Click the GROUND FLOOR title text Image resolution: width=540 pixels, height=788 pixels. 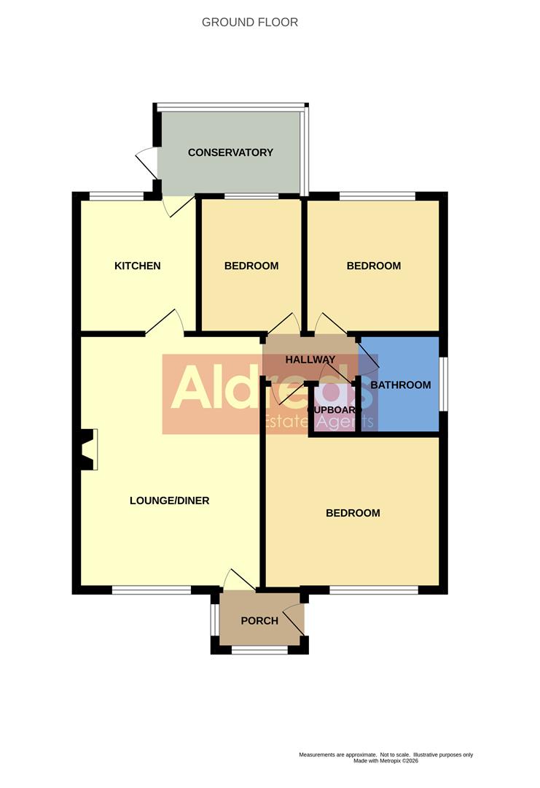pyautogui.click(x=250, y=23)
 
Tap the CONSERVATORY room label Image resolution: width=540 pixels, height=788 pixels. pyautogui.click(x=230, y=152)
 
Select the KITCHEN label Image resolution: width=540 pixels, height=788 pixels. pyautogui.click(x=137, y=266)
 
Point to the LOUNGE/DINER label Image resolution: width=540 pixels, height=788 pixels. pyautogui.click(x=169, y=501)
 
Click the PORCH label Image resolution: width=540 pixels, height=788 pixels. pyautogui.click(x=259, y=621)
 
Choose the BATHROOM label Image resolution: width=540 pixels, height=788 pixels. pyautogui.click(x=401, y=385)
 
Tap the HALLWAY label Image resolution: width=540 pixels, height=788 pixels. pyautogui.click(x=310, y=360)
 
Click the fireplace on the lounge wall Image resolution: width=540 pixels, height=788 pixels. pyautogui.click(x=88, y=449)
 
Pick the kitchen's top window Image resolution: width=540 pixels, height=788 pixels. pyautogui.click(x=117, y=196)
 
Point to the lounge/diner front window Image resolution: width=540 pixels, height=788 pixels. pyautogui.click(x=152, y=590)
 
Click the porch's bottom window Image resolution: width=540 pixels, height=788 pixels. pyautogui.click(x=260, y=649)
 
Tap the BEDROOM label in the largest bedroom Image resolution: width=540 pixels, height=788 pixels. pyautogui.click(x=353, y=513)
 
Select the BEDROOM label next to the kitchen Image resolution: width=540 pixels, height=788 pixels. pyautogui.click(x=251, y=266)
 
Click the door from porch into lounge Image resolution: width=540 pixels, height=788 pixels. pyautogui.click(x=238, y=580)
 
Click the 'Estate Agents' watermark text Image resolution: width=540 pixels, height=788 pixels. pyautogui.click(x=319, y=422)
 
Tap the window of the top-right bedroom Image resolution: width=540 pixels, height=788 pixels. pyautogui.click(x=377, y=196)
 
